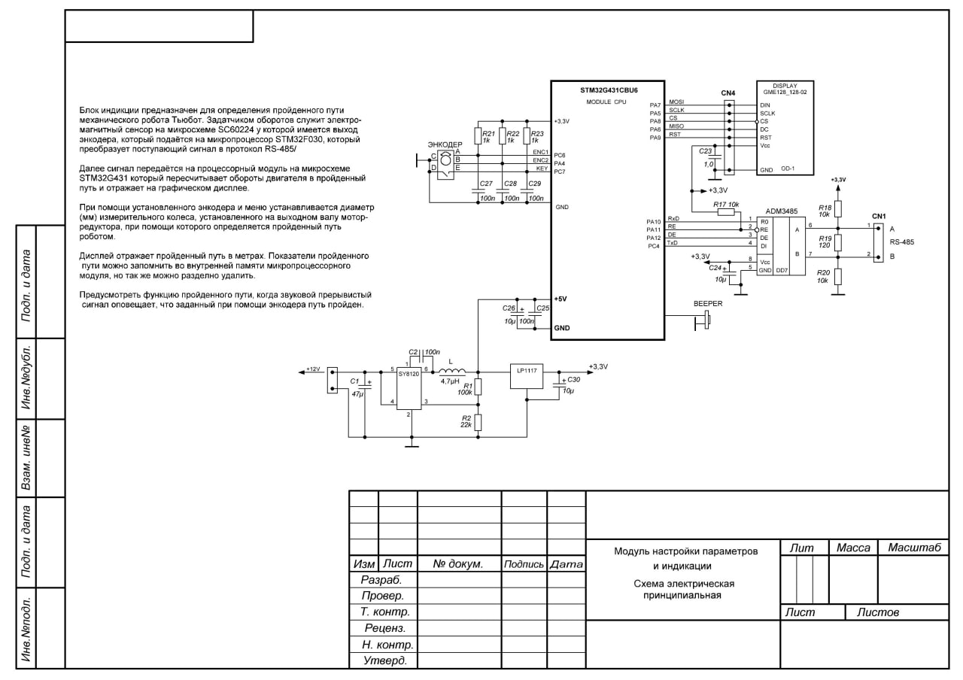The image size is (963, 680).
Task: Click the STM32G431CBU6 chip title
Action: (609, 90)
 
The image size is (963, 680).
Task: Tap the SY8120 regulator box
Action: (409, 388)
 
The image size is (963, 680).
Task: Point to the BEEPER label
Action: (707, 304)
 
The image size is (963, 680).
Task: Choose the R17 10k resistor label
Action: (726, 204)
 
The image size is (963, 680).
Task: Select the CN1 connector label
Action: (879, 216)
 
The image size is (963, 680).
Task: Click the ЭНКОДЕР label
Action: (445, 144)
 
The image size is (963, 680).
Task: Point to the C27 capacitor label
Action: (485, 184)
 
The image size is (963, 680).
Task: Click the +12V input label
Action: (313, 369)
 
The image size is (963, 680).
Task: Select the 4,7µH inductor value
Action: (450, 381)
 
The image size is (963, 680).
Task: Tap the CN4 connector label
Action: (728, 93)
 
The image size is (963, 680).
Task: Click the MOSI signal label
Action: (676, 102)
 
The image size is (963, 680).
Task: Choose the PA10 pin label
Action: (653, 222)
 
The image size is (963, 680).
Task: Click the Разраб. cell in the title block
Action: (381, 580)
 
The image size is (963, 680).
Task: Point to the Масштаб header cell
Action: (914, 548)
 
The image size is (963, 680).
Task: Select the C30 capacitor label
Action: (573, 381)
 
